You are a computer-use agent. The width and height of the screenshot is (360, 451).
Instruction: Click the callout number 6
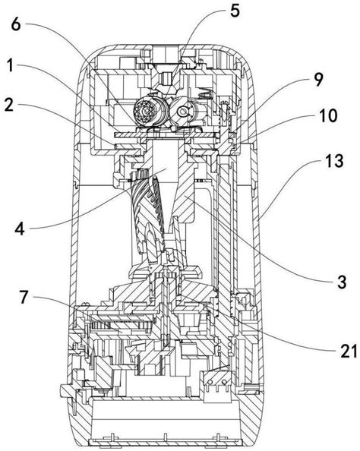point(16,25)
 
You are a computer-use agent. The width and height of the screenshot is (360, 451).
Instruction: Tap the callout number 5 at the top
point(235,11)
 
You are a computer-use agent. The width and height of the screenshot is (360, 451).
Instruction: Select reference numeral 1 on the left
point(11,66)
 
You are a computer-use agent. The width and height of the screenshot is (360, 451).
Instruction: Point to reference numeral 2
point(10,106)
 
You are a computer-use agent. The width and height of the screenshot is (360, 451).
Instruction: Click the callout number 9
point(318,80)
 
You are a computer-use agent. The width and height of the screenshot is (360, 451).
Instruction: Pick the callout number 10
point(328,115)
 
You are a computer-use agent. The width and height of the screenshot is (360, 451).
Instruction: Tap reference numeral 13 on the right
point(334,161)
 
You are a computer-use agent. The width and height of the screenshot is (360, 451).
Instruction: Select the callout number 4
point(20,229)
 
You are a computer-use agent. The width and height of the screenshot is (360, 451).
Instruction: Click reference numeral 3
point(342,282)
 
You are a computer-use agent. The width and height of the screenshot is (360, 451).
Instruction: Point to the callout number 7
point(24,298)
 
